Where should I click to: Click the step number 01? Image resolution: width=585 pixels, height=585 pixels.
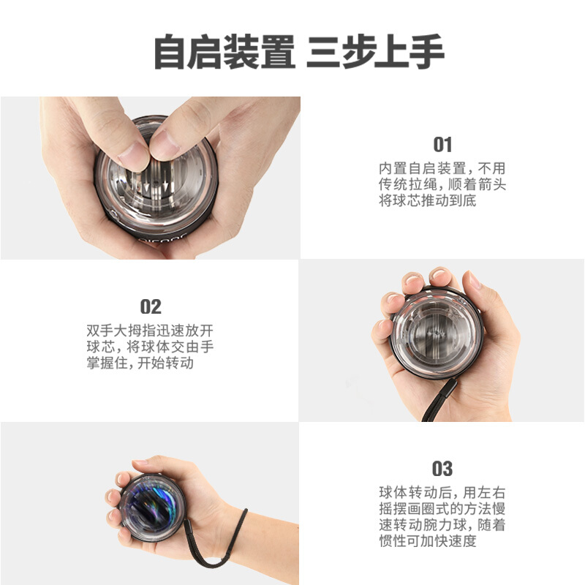click(442, 144)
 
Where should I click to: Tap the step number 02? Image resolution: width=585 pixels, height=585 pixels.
click(151, 306)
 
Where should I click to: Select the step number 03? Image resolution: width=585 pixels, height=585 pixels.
click(442, 469)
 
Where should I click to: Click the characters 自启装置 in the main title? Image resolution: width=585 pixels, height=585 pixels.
click(224, 51)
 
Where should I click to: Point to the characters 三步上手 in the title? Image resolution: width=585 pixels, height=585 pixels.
click(375, 51)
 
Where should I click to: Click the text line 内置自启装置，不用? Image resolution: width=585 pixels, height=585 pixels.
click(442, 168)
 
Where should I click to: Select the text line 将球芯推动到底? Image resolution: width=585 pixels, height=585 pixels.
click(428, 200)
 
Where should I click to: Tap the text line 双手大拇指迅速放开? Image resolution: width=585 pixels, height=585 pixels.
click(150, 331)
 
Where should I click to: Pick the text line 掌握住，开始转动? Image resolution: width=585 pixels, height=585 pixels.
click(140, 363)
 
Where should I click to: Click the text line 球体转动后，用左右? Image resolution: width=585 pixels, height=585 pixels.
click(442, 492)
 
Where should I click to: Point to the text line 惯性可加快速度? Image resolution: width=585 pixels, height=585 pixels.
click(428, 540)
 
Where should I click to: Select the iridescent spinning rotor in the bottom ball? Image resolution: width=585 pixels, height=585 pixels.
click(152, 508)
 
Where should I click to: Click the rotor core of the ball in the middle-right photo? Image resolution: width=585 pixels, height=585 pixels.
click(435, 333)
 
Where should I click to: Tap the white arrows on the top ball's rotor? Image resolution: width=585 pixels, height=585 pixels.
click(156, 185)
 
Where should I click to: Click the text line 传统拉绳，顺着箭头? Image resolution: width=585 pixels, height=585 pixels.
click(442, 184)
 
